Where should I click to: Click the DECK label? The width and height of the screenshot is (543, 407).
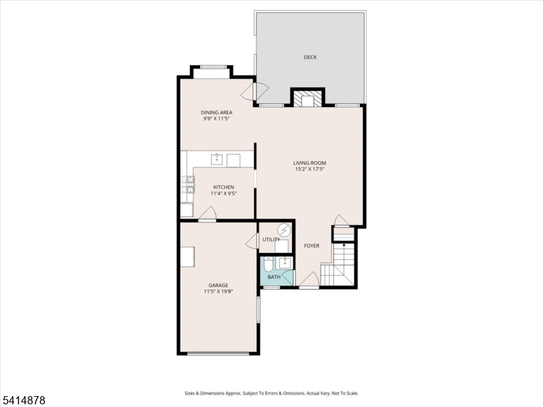310,58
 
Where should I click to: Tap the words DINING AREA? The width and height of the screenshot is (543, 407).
217,112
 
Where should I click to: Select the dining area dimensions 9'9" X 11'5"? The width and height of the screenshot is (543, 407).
217,119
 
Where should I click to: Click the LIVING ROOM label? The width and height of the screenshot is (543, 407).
310,163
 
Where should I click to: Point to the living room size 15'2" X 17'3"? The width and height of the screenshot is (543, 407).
310,170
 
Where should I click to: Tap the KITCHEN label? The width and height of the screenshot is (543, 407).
223,187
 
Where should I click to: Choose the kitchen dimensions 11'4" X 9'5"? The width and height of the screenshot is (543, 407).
223,194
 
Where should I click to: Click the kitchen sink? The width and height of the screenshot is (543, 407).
217,160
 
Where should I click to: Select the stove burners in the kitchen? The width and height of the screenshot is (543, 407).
187,185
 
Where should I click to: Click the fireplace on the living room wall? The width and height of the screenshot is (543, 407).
307,99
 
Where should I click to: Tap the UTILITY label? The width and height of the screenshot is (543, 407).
271,239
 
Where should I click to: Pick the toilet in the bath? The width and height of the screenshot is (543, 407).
268,263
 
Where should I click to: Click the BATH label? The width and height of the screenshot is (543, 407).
274,277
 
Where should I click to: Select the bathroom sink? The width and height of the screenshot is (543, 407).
285,262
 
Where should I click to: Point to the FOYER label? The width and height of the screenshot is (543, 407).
311,246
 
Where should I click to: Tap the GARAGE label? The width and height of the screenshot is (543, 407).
218,285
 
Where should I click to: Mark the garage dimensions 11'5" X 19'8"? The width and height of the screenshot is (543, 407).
218,292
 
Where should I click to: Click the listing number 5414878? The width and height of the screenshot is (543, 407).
24,401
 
